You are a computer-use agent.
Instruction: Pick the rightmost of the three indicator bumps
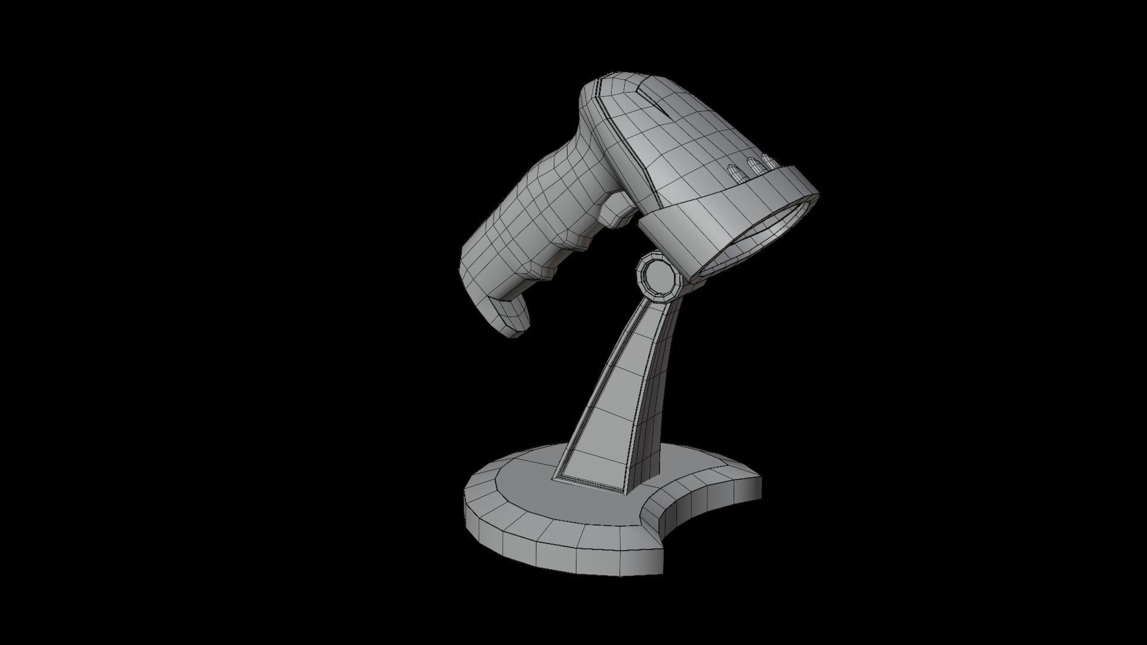point(767,162)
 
